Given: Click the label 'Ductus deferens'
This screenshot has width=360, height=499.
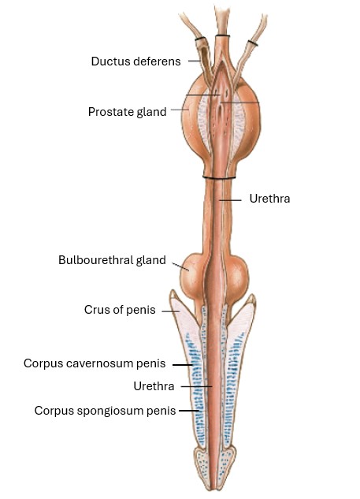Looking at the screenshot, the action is click(x=135, y=61).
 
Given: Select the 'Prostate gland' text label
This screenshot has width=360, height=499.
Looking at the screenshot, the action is click(x=127, y=112).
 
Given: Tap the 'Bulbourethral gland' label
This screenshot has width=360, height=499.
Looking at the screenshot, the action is click(x=112, y=260).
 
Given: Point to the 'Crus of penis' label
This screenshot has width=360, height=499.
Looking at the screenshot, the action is click(x=120, y=310).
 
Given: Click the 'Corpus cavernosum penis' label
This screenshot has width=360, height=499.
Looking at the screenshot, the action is click(x=95, y=363).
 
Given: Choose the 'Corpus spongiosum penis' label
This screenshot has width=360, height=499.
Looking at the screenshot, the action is click(x=105, y=411).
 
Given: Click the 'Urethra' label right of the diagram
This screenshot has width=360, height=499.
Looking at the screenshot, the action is click(x=269, y=199).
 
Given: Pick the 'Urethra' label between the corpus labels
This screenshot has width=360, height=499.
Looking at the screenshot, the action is click(x=154, y=386).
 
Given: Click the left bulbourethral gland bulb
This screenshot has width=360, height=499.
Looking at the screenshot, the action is click(x=190, y=272).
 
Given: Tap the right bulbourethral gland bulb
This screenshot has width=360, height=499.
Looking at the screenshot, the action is click(x=238, y=275).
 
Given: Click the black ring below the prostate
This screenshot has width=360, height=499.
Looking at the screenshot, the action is click(x=219, y=177).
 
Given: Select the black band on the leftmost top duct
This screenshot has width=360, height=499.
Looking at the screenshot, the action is click(x=200, y=39).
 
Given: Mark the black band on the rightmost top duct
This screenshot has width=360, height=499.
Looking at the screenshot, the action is click(x=253, y=43).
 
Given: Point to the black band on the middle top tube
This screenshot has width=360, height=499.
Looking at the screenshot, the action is click(x=222, y=35).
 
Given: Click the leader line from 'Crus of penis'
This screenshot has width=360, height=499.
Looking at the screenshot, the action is click(x=171, y=311).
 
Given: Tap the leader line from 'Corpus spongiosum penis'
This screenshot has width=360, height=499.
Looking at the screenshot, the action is click(x=189, y=411).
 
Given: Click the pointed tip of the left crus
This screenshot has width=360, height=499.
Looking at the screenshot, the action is click(x=173, y=291).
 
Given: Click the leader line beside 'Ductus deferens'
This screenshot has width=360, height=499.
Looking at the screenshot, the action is click(x=194, y=61).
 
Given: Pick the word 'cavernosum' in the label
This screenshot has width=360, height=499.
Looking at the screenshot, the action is click(x=100, y=363).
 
